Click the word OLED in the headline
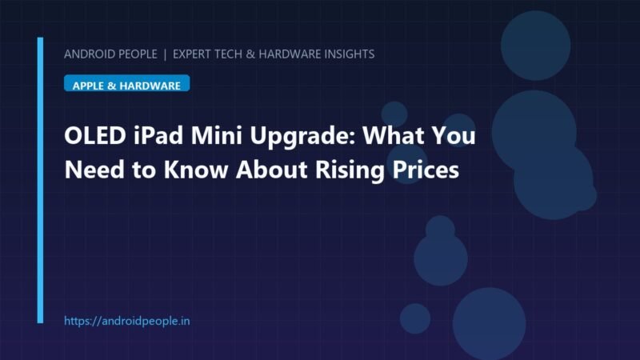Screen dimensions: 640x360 95,135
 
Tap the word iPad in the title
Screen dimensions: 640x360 158,135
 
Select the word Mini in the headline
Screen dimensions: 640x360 217,135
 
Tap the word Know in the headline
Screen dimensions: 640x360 195,170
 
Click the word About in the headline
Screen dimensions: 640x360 271,170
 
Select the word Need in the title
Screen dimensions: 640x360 94,170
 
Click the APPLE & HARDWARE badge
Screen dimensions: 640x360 127,83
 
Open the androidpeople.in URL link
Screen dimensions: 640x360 127,321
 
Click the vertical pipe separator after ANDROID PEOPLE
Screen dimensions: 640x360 165,54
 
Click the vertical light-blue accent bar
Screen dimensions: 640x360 40,181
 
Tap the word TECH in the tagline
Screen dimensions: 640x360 228,54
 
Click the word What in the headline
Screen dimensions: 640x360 394,135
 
